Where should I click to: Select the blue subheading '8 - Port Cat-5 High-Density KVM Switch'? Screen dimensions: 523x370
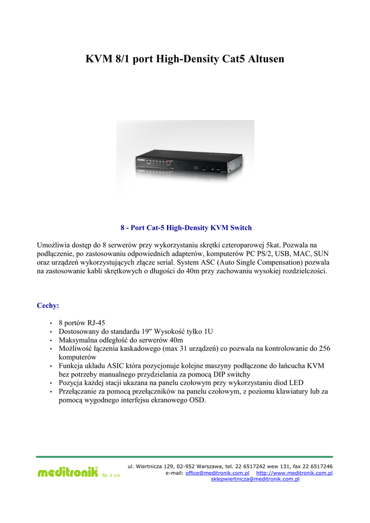tap(186, 227)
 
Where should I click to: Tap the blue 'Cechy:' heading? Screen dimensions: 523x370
tap(48, 305)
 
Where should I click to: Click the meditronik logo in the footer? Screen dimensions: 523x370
tap(67, 472)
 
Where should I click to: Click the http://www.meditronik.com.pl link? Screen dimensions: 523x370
tap(294, 473)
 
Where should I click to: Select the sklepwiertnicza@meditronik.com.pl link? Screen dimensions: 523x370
tap(255, 479)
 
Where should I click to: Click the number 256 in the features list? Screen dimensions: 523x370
tap(325, 349)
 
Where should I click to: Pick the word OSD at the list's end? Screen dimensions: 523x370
tap(197, 400)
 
